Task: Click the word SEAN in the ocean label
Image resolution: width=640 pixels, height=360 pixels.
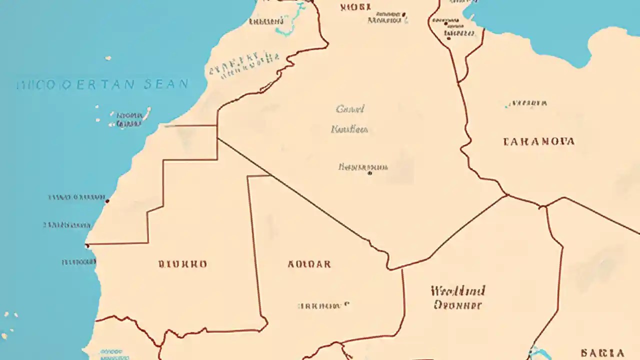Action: point(166,84)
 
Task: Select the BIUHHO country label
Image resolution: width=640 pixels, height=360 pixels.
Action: point(182,264)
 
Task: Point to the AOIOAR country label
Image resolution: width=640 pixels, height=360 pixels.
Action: point(309,264)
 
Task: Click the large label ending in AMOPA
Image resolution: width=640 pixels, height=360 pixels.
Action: point(538,141)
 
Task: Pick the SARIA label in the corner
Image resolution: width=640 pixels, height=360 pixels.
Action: point(602,353)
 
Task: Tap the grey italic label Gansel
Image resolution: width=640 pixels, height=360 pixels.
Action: point(350,109)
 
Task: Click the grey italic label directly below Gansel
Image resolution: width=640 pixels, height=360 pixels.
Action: point(349,129)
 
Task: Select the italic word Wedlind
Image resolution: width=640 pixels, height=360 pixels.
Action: point(457,290)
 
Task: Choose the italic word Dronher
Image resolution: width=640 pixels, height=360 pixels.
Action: point(457,304)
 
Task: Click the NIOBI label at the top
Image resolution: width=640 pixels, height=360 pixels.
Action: point(355,7)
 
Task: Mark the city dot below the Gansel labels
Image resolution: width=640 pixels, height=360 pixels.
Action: point(369,173)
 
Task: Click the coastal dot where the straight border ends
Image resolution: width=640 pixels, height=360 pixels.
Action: point(87,245)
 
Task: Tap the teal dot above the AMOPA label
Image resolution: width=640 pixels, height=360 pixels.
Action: point(507,105)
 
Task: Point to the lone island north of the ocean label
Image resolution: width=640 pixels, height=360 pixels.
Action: point(108,58)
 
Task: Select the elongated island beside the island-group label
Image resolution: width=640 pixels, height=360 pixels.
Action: point(147,113)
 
